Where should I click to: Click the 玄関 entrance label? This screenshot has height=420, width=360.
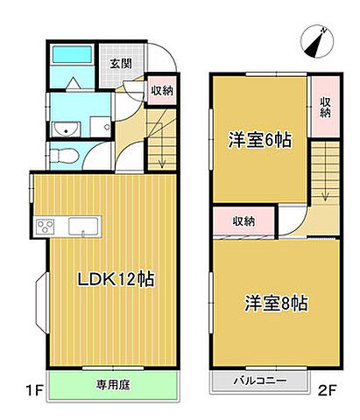point(121,63)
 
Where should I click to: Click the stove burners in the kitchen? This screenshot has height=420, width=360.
point(44,228)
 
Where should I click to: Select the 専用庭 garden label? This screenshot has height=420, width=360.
point(109,382)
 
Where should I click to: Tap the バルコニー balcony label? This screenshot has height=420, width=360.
point(260,381)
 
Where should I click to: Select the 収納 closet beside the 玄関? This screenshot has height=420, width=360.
point(160,90)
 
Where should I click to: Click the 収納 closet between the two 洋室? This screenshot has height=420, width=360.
point(244,221)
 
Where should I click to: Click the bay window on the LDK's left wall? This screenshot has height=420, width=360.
point(41,301)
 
